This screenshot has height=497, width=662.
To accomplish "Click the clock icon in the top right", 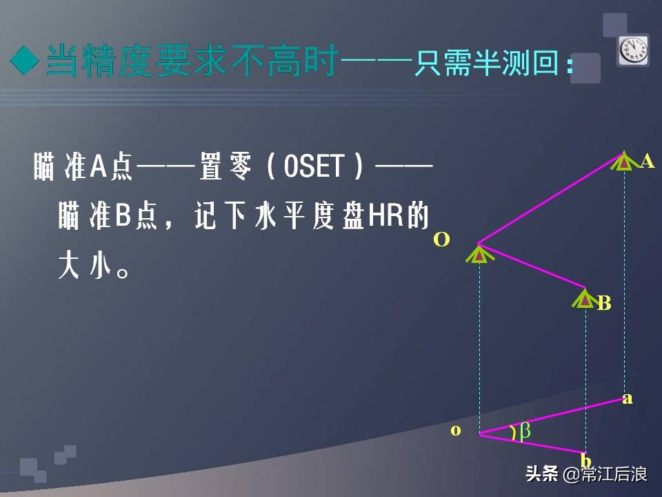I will (632, 50).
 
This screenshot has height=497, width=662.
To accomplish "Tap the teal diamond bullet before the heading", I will (26, 62).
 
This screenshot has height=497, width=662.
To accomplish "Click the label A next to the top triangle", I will (647, 162).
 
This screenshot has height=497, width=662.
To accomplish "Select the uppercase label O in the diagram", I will (441, 240).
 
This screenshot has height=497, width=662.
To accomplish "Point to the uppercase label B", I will (604, 303).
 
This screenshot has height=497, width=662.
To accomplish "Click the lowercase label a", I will (627, 398).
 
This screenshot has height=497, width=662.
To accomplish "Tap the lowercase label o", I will (456, 430).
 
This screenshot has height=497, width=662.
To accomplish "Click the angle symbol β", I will (525, 431).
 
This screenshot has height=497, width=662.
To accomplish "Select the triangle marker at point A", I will (623, 162).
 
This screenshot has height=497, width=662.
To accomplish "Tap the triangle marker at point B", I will (585, 299).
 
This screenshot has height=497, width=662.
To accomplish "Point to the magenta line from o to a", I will (552, 416).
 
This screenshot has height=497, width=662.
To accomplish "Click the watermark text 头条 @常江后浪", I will (585, 474).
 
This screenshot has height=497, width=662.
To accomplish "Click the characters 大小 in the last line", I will (86, 266).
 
